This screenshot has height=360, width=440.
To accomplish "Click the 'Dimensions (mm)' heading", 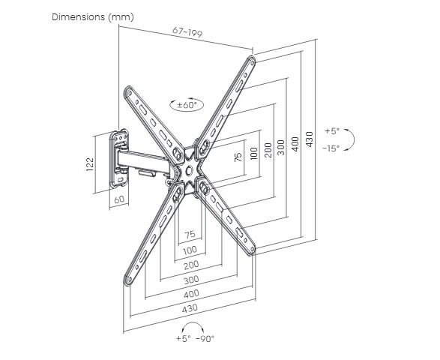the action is click(93, 17).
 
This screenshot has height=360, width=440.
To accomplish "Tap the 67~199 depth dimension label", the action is click(187, 32).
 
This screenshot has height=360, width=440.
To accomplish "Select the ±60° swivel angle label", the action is click(187, 105).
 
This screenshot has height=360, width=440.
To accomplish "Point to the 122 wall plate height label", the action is click(90, 164).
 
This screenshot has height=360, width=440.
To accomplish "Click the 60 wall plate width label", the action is click(119, 199).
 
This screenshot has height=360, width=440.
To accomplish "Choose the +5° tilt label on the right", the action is click(332, 130).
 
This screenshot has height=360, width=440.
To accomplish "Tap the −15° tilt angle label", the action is click(331, 148).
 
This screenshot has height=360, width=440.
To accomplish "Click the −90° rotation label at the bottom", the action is click(205, 339).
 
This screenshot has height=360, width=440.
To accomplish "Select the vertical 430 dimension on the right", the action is click(310, 139).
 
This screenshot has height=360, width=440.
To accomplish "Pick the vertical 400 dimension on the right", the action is click(295, 144).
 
